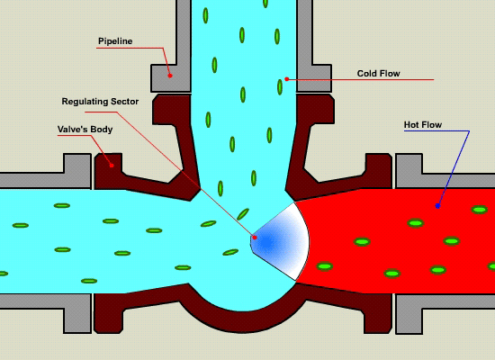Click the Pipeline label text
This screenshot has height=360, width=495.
tap(115, 41)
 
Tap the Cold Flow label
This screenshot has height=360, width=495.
tap(379, 74)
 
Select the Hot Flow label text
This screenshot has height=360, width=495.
tap(423, 125)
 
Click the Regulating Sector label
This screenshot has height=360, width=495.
tap(100, 102)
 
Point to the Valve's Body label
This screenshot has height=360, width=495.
tap(85, 130)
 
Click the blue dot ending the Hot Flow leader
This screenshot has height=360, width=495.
tap(437, 206)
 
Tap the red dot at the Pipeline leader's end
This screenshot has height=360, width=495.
tap(170, 76)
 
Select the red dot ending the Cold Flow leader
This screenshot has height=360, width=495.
tap(286, 79)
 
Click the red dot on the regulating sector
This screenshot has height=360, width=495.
tap(255, 238)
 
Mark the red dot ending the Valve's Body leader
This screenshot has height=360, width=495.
tap(112, 166)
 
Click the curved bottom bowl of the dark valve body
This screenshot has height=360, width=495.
tap(242, 321)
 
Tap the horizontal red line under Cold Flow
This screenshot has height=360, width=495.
tap(361, 79)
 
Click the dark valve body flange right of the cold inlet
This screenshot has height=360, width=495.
tap(316, 109)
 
